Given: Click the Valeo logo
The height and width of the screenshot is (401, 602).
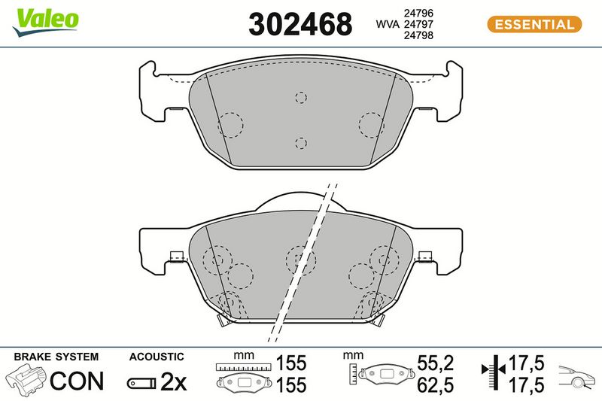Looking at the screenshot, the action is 45,23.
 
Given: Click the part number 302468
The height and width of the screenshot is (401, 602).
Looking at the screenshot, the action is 300,24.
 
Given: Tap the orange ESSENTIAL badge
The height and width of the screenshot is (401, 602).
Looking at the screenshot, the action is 534,25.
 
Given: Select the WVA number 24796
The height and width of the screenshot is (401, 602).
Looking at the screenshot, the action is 418,13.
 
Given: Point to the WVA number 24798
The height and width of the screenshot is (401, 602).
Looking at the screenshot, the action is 418,35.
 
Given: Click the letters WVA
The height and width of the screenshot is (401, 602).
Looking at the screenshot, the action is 387,24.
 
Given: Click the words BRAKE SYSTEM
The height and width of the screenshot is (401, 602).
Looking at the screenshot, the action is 56,357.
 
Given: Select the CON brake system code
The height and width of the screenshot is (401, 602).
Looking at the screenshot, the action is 77,381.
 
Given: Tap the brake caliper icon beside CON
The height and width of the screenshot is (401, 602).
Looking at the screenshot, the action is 26,380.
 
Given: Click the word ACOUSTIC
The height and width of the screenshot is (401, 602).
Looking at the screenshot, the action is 157,357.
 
